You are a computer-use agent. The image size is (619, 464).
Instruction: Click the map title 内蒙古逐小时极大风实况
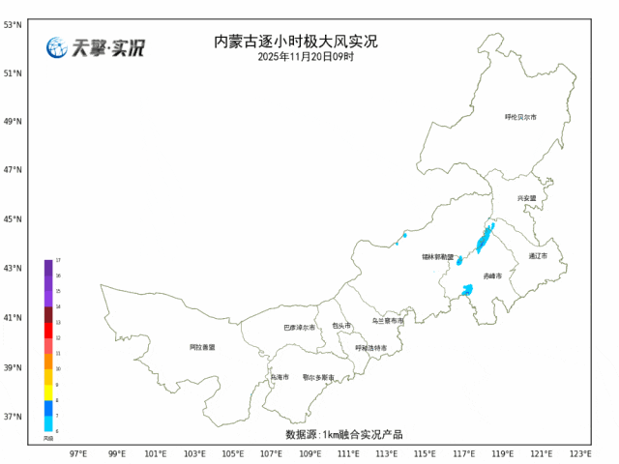tap(295, 42)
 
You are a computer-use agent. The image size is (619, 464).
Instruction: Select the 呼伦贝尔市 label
tap(520, 117)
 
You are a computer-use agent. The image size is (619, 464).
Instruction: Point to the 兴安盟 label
tap(526, 198)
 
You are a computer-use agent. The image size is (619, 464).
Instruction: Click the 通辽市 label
tap(538, 256)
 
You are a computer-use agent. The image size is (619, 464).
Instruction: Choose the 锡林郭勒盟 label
tap(437, 256)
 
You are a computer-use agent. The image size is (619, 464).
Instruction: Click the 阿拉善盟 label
tap(202, 346)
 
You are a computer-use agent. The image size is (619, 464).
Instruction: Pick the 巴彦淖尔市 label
tap(299, 328)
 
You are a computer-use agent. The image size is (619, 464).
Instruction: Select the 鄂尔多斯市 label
tap(317, 377)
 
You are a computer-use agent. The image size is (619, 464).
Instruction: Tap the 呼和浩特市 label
tap(370, 348)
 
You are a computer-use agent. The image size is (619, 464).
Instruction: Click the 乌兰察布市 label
tap(388, 320)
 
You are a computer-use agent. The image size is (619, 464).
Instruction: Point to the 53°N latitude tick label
tap(13, 23)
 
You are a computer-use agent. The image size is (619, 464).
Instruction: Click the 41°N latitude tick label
tap(13, 318)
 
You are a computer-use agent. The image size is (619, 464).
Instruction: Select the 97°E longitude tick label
tap(79, 452)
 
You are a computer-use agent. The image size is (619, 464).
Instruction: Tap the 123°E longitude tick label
tap(579, 452)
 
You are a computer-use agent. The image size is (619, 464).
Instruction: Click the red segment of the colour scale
tap(48, 331)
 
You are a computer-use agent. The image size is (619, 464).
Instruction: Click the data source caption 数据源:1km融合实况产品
tap(343, 434)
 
